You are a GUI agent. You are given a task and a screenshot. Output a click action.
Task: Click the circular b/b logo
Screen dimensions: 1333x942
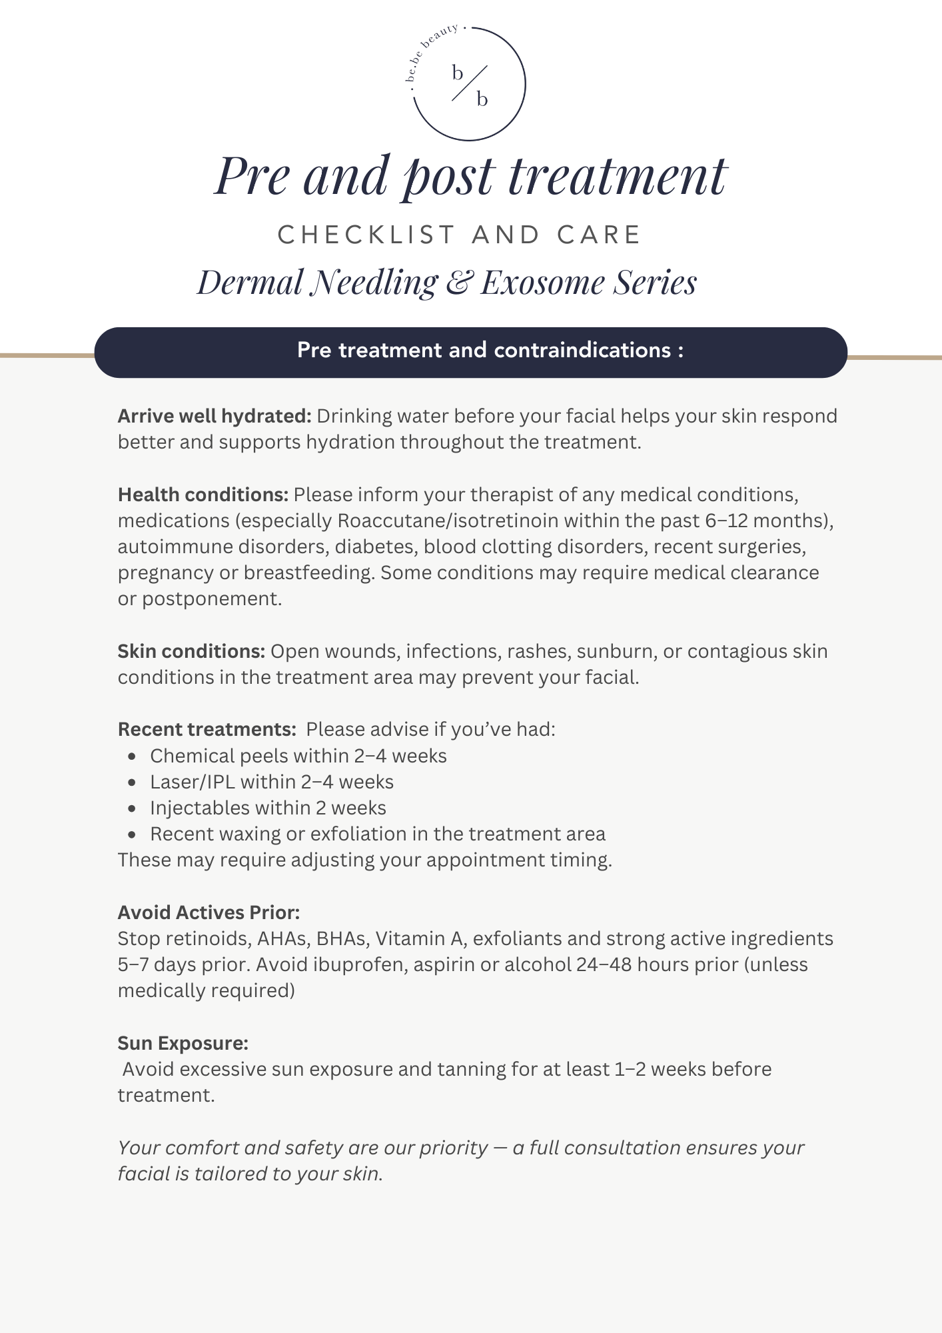(x=470, y=84)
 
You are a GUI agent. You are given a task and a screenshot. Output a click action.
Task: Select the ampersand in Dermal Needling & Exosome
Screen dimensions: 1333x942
(x=458, y=283)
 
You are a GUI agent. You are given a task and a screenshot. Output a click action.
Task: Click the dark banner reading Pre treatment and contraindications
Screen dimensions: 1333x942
(x=470, y=351)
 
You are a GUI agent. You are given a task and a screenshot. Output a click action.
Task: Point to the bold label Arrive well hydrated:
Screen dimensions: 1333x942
(x=215, y=417)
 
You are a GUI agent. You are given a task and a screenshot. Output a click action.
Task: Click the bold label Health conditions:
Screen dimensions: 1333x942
(x=203, y=495)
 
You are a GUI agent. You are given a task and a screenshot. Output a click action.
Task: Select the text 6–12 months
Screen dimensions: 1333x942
(x=766, y=521)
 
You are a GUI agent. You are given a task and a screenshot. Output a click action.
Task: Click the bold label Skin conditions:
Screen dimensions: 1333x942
(x=192, y=652)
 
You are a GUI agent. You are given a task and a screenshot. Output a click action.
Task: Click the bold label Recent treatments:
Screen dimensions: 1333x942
(x=207, y=730)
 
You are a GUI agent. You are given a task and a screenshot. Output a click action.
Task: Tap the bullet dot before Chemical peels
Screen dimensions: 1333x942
(x=133, y=756)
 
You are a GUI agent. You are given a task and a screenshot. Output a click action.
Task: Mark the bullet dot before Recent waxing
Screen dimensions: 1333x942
(x=133, y=834)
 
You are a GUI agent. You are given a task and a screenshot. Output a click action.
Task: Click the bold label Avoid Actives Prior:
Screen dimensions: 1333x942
(x=209, y=913)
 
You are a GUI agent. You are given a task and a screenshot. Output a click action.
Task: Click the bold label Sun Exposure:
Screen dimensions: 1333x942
(x=183, y=1044)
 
